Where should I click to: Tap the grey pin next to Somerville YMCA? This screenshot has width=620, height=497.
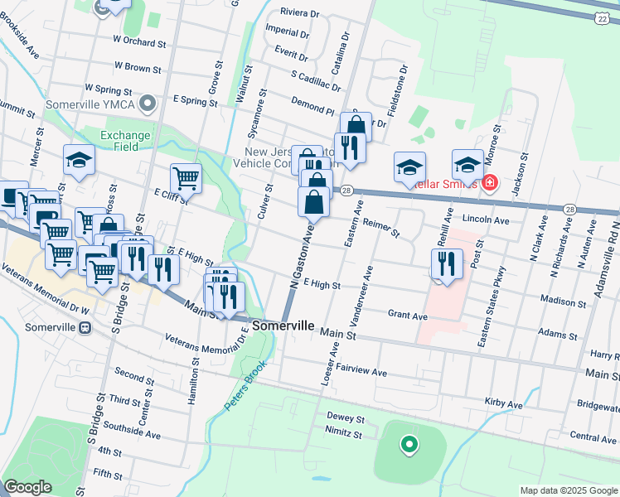pyautogui.click(x=148, y=104)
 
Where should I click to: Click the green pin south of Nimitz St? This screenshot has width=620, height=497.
pyautogui.click(x=408, y=446)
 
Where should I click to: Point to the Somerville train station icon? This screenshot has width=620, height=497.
pyautogui.click(x=85, y=327)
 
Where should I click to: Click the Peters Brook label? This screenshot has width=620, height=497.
pyautogui.click(x=245, y=389)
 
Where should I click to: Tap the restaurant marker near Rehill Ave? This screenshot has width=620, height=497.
pyautogui.click(x=447, y=264)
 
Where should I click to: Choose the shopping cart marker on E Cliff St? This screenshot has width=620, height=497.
pyautogui.click(x=186, y=177)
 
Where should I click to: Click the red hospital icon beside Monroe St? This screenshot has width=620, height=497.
pyautogui.click(x=490, y=182)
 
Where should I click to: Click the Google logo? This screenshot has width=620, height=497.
pyautogui.click(x=27, y=486)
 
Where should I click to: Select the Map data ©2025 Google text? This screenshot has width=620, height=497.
pyautogui.click(x=569, y=490)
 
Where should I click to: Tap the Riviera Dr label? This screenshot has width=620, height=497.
pyautogui.click(x=299, y=13)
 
